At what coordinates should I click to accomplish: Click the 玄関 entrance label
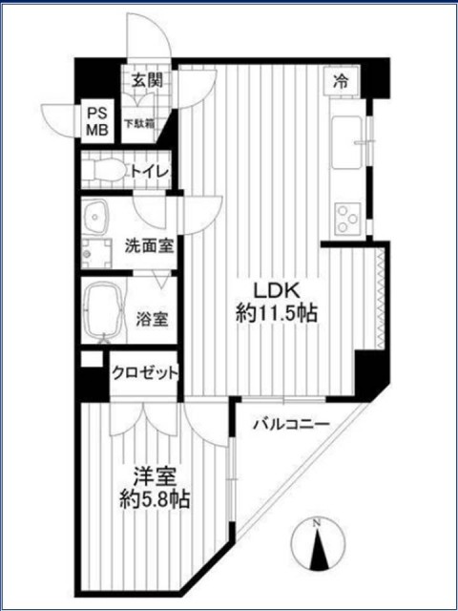pyautogui.click(x=147, y=81)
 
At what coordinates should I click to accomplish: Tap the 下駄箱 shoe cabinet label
pyautogui.click(x=147, y=123)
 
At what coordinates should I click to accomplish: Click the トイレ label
pyautogui.click(x=149, y=172)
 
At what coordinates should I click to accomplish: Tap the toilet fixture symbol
pyautogui.click(x=102, y=172)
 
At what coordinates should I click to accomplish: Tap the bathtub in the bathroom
pyautogui.click(x=103, y=311)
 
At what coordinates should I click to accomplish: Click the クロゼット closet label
pyautogui.click(x=145, y=372)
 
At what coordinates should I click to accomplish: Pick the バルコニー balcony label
pyautogui.click(x=291, y=424)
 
